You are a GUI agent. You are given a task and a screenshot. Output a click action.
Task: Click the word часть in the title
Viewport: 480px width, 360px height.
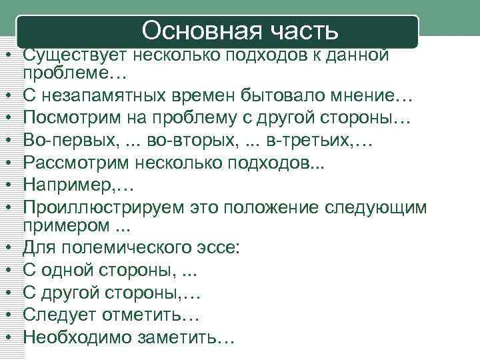[307, 30]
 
